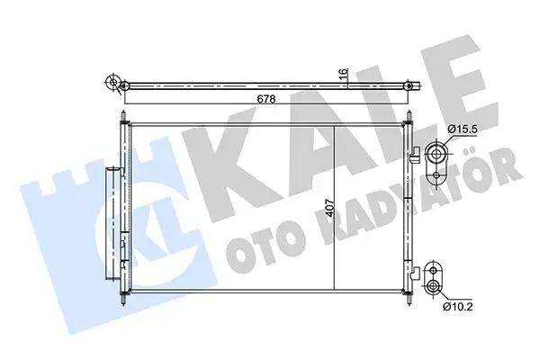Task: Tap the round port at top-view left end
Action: click(113, 84)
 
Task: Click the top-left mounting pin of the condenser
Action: click(121, 117)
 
